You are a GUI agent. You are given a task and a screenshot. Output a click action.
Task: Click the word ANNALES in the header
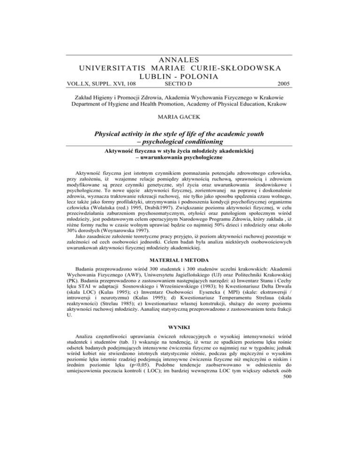180,60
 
